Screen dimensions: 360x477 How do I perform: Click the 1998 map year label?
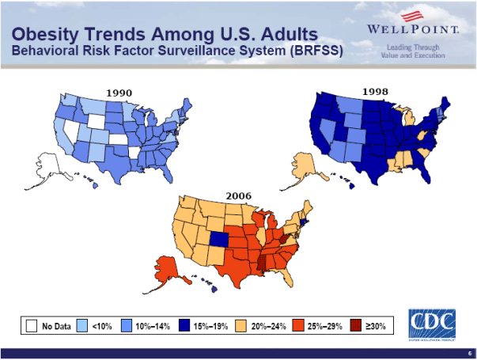click(375, 92)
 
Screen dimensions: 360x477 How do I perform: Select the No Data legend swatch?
click(32, 325)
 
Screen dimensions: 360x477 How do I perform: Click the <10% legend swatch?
click(82, 325)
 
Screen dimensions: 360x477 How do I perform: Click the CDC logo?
click(432, 323)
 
